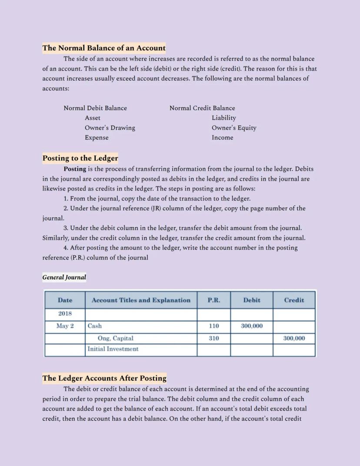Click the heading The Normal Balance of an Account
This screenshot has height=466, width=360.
104,48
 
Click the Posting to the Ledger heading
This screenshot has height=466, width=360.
80,158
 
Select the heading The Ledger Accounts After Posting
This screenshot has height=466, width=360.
104,378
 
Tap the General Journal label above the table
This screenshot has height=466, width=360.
64,277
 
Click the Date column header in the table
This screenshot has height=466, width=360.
65,300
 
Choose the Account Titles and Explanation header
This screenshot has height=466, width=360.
141,300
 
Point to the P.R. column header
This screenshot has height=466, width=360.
213,300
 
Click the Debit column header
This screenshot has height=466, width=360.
252,300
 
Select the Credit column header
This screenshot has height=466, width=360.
294,300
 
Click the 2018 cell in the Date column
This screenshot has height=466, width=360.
65,314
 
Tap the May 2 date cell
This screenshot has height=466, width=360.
65,326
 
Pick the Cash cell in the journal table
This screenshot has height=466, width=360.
95,326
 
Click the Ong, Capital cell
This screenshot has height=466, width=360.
115,338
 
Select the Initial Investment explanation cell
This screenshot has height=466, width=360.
113,349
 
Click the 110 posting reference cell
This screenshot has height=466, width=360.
213,326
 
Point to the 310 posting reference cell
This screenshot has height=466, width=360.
213,338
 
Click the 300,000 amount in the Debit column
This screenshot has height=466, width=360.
252,326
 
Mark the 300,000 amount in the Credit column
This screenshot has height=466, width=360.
294,338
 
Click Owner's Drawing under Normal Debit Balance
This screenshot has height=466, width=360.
110,128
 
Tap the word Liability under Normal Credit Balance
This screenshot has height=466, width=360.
224,118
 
